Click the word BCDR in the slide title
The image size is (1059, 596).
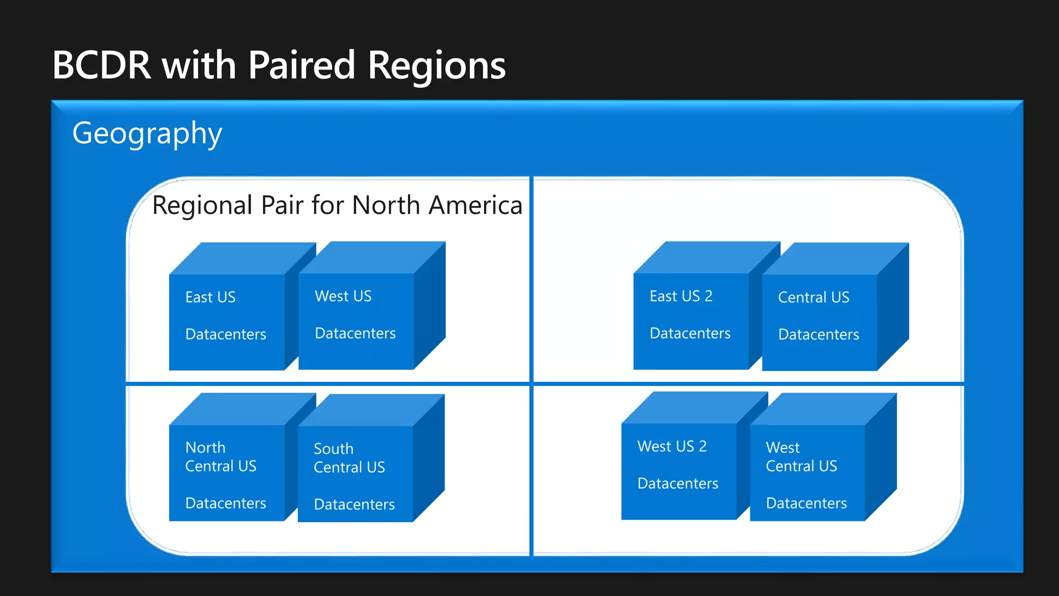tap(102, 66)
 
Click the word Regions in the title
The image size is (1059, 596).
tap(437, 66)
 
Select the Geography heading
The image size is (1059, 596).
tap(147, 133)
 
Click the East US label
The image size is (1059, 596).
tap(210, 297)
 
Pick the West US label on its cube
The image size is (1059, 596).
tap(343, 296)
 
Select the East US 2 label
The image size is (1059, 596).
tap(681, 296)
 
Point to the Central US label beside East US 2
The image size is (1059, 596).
tap(813, 297)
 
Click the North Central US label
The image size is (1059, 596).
tap(221, 457)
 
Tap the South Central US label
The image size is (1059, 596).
tap(349, 458)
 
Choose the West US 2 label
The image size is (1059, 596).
tap(672, 446)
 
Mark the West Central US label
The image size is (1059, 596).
tap(801, 457)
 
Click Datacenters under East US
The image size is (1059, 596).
tap(225, 335)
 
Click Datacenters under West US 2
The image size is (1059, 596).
tap(677, 484)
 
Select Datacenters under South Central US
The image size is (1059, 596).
tap(354, 505)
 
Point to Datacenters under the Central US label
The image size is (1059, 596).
tap(819, 335)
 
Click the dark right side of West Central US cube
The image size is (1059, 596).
tap(881, 455)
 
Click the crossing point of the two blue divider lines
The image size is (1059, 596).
tap(532, 383)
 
